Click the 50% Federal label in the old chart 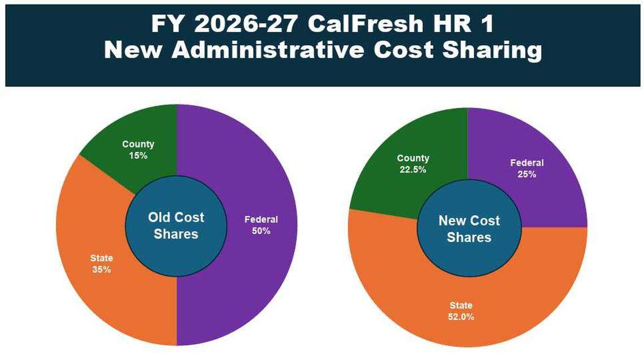tap(261, 225)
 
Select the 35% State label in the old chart tap(101, 264)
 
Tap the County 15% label tap(138, 150)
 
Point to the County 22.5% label tap(413, 164)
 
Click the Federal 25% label tap(526, 168)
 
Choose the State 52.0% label tap(462, 311)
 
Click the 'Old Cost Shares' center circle tap(176, 225)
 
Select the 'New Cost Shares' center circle tap(469, 228)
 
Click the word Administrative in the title tap(268, 50)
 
